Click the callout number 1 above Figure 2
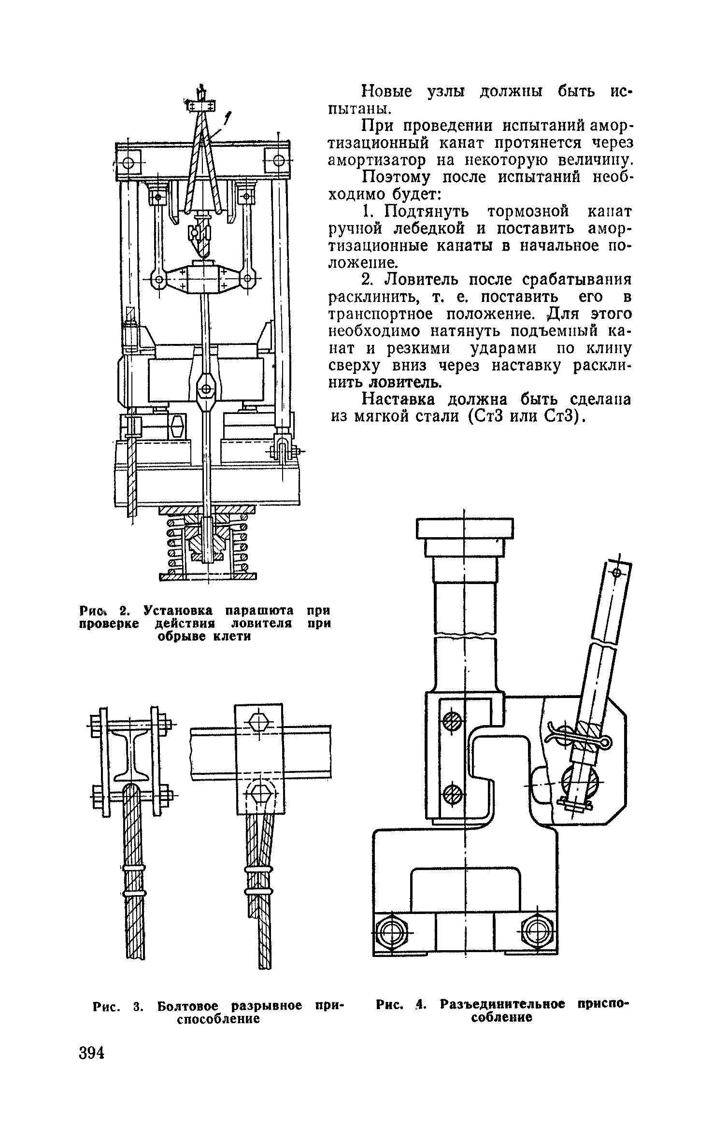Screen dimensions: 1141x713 pos(228,117)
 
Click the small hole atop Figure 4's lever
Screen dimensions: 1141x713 pos(616,573)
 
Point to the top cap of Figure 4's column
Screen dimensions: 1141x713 pos(464,528)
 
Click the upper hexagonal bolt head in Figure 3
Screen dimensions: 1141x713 pos(258,723)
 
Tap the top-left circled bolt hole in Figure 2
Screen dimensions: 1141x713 pos(128,163)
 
